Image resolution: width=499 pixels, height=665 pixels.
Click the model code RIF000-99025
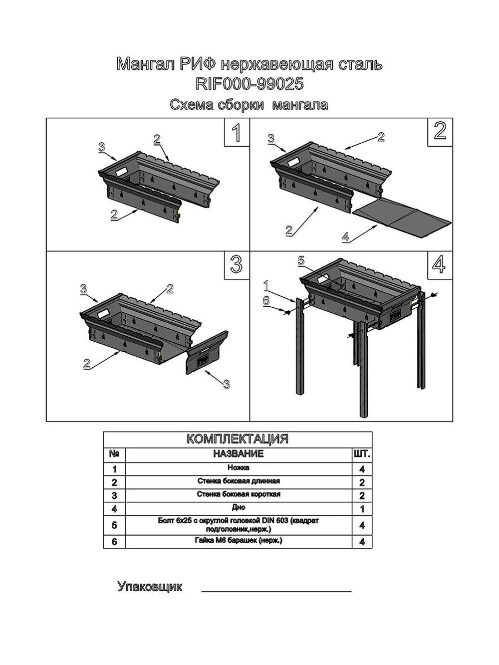(x=249, y=84)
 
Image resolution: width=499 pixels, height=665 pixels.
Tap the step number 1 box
(x=237, y=132)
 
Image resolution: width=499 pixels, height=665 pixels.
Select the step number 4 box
(x=440, y=265)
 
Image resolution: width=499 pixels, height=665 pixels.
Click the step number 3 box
(x=237, y=265)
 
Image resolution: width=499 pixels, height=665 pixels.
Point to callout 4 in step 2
(x=346, y=236)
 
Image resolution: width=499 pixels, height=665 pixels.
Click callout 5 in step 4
(x=301, y=261)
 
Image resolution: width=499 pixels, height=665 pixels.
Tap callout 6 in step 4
(x=265, y=301)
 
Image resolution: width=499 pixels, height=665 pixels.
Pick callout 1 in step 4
(x=266, y=285)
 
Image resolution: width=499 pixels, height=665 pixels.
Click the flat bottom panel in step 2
(x=402, y=217)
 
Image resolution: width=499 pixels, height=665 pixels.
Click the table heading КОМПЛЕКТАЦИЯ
(x=238, y=439)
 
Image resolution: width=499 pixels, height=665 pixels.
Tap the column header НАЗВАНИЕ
(x=239, y=453)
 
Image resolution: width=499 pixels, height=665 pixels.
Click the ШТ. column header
(x=362, y=454)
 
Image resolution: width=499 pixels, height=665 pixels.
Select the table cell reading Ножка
(x=239, y=468)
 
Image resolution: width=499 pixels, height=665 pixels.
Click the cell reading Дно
(x=239, y=507)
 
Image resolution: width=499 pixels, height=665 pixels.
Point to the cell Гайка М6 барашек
(x=239, y=540)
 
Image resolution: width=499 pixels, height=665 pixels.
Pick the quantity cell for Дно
(x=362, y=509)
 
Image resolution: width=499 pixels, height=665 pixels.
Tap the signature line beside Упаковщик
(x=276, y=591)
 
